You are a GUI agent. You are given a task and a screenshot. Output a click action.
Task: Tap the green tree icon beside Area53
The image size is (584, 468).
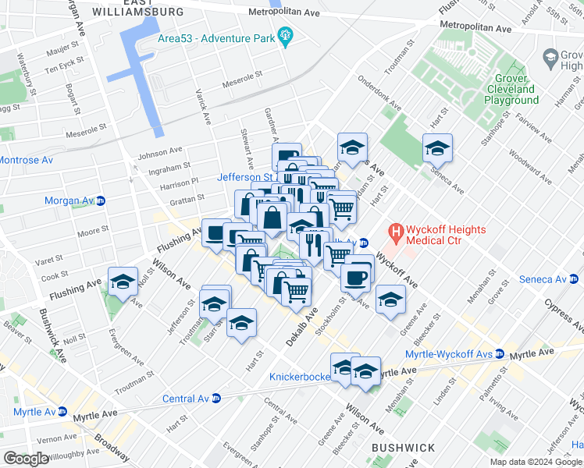tap(286, 35)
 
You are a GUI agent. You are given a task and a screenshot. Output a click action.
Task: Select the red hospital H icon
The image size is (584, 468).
tap(397, 232)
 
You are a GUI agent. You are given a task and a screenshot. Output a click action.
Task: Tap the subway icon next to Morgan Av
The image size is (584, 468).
tap(100, 200)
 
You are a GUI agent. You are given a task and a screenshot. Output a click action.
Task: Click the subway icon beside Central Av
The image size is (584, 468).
tap(216, 399)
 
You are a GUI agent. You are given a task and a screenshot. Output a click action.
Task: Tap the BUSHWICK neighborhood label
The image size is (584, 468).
tap(403, 448)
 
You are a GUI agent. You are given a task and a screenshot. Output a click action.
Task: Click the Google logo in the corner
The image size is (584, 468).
tap(26, 459)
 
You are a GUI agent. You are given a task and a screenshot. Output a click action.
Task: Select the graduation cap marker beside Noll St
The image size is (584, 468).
tap(123, 285)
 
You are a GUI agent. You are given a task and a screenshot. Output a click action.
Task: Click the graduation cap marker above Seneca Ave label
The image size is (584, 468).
tap(437, 148)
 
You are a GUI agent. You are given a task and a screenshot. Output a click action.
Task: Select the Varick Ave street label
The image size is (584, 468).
tap(205, 107)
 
